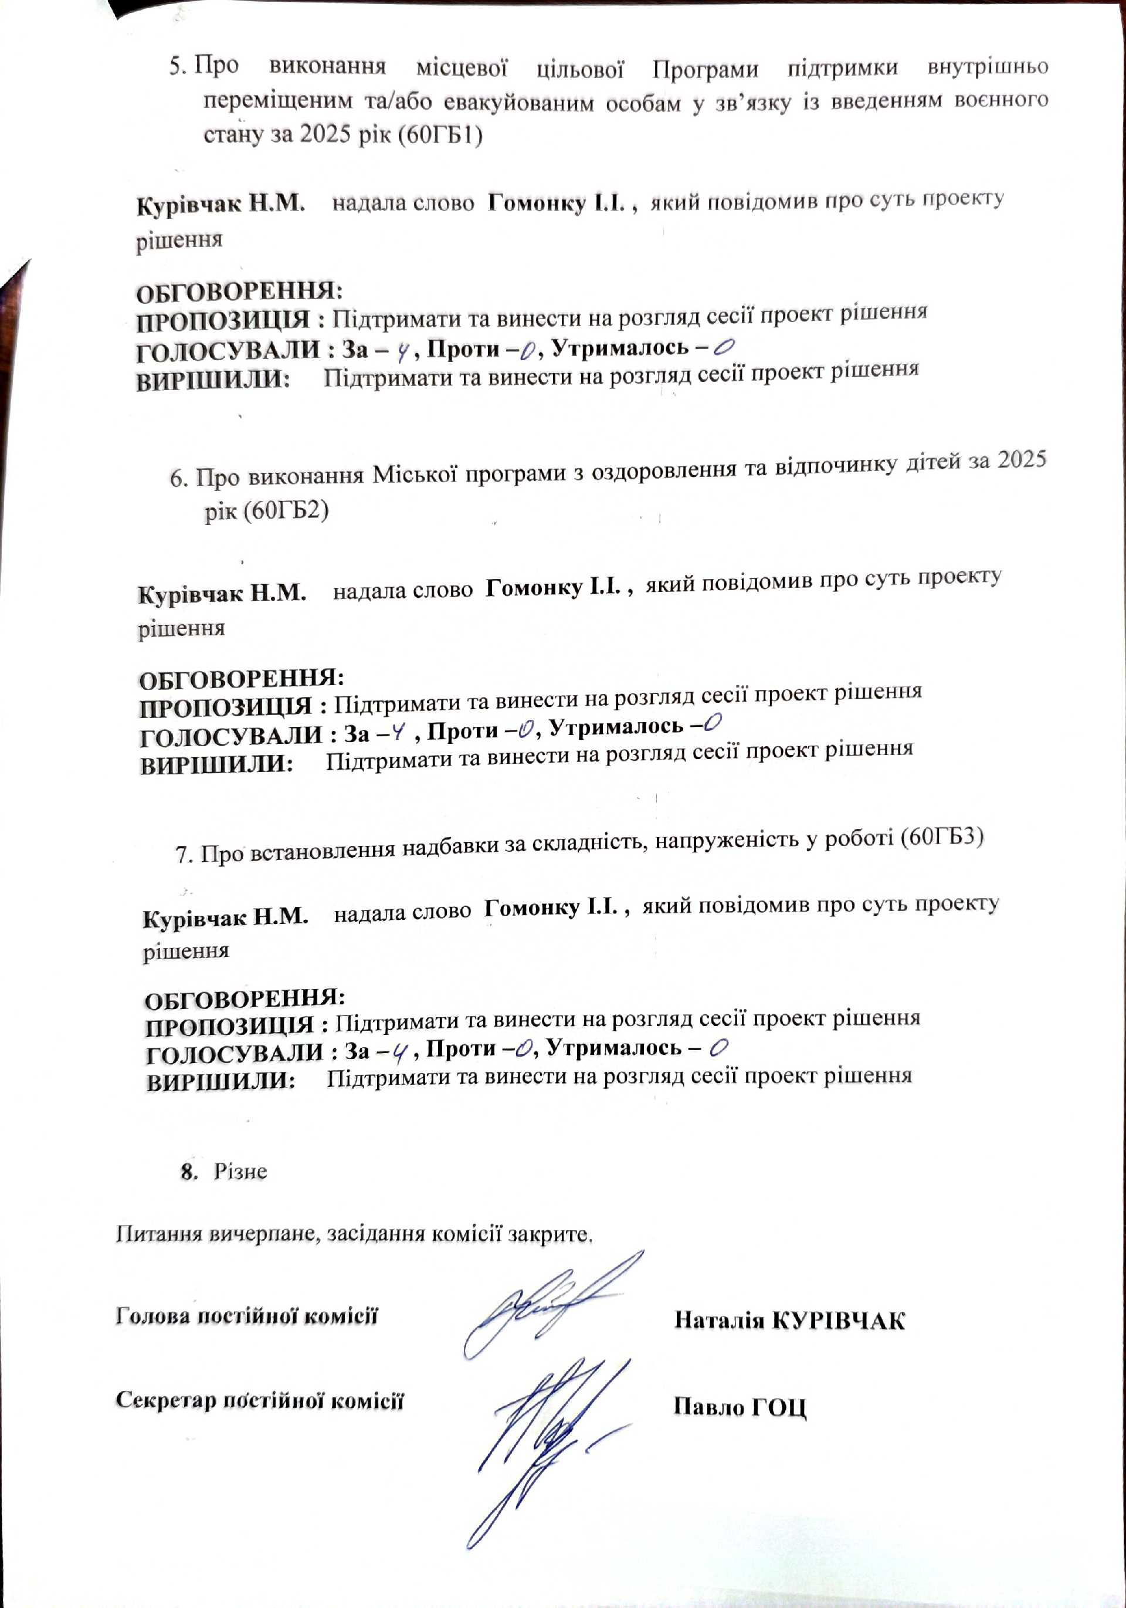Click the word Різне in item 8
click(x=240, y=1172)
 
